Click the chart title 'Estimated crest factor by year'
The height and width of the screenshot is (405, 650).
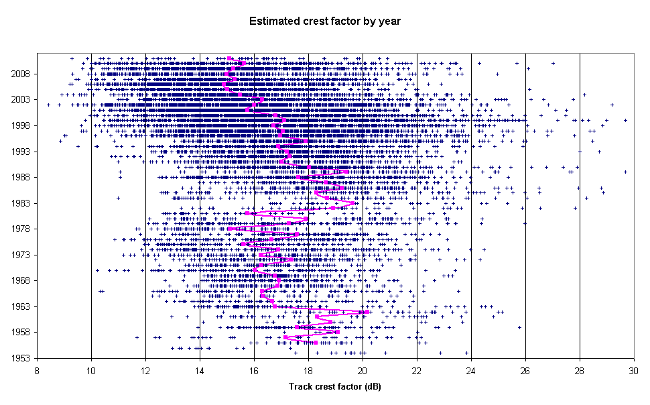[x=325, y=21]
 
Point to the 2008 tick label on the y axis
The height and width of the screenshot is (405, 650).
[x=21, y=74]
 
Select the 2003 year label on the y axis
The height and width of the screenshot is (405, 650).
[x=21, y=100]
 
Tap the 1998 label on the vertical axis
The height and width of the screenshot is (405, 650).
[x=21, y=125]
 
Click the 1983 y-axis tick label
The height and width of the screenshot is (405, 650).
[x=21, y=203]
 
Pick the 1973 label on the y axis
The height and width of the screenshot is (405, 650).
[x=21, y=255]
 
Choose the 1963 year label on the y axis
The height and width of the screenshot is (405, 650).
[x=21, y=306]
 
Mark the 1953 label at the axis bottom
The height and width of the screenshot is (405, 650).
[x=21, y=358]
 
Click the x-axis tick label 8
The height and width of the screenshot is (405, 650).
[x=37, y=369]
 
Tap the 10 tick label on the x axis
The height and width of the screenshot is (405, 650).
[x=91, y=369]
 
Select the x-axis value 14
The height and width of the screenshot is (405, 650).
[x=200, y=369]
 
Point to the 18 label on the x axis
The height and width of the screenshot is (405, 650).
[x=308, y=369]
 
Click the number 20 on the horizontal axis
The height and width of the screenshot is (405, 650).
[x=363, y=369]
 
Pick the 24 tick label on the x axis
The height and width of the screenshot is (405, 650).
[x=471, y=369]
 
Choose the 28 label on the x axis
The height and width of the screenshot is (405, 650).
[x=580, y=369]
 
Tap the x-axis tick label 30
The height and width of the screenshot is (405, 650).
[x=634, y=369]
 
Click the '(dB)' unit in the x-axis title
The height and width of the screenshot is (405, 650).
[x=352, y=387]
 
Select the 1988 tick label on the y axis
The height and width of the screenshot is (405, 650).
[x=21, y=177]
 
